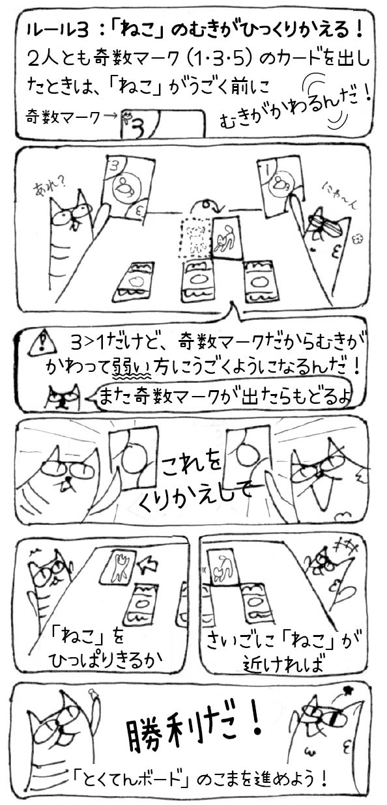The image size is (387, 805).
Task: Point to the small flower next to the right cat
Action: click(x=357, y=238)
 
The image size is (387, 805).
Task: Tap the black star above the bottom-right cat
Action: click(x=347, y=688)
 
